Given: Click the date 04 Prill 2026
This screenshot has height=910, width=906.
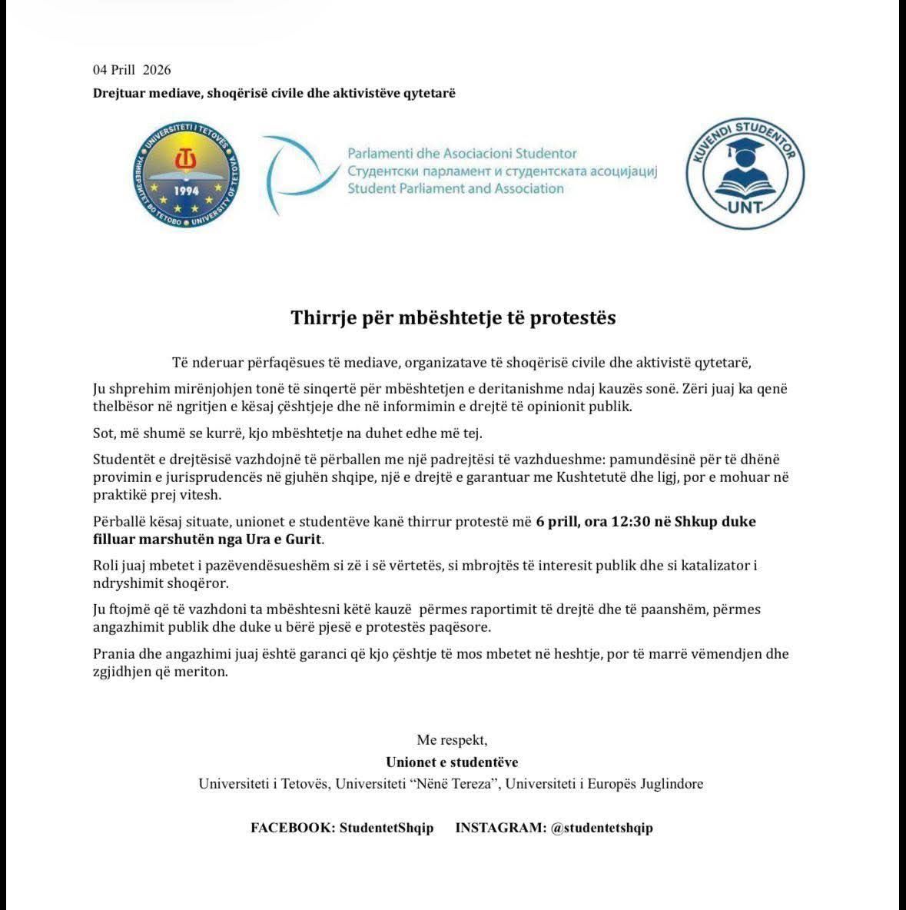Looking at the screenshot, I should click(x=132, y=69).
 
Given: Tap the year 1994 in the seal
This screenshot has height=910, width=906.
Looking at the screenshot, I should click(x=186, y=191).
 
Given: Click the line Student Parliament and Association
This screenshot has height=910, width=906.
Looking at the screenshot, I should click(x=456, y=188).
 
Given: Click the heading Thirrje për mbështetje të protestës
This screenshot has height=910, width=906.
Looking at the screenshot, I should click(x=453, y=317).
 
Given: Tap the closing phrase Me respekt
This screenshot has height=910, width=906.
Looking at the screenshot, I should click(x=452, y=740).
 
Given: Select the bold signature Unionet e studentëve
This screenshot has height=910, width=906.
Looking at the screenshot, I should click(x=452, y=762).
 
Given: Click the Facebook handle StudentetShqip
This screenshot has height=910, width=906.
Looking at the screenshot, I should click(x=387, y=828).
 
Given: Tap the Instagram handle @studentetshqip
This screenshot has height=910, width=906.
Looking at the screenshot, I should click(x=602, y=828).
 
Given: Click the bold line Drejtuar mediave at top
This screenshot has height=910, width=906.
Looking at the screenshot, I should click(x=274, y=93).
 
